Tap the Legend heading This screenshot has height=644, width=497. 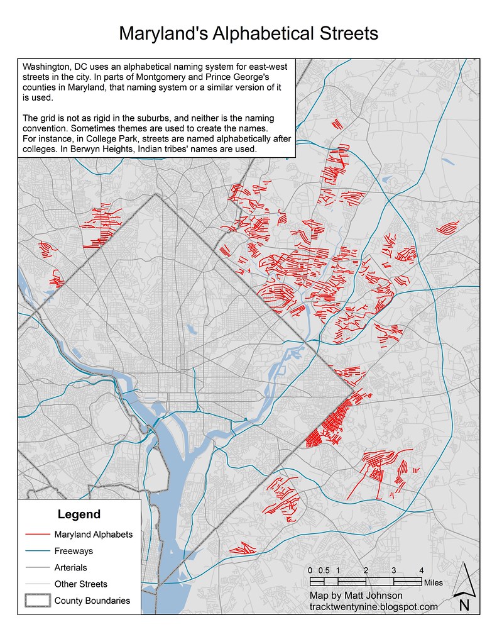point(79,514)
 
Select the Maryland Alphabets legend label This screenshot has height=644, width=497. point(94,535)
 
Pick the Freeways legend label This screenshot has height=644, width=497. point(74,551)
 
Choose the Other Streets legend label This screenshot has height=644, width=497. point(81,584)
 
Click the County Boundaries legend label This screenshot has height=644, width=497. point(92,601)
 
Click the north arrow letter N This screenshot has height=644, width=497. point(464,606)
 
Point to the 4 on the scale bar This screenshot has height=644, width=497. point(421,570)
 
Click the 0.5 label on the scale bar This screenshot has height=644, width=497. point(324,570)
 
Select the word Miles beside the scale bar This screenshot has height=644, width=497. point(434,582)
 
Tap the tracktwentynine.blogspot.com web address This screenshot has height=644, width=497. point(373,607)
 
